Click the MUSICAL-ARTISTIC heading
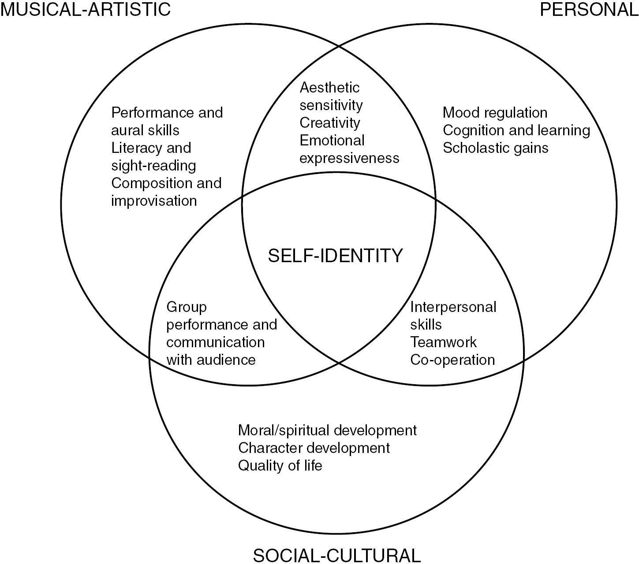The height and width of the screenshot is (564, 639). [86, 9]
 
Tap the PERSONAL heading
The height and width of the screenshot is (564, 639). [589, 9]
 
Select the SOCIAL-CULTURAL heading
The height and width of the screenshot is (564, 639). [336, 555]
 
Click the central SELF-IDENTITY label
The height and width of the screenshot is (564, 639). [336, 256]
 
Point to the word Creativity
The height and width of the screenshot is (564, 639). [330, 123]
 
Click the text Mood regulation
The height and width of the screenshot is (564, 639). [495, 113]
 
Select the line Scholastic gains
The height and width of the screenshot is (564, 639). [495, 148]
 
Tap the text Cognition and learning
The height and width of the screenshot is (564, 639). [516, 130]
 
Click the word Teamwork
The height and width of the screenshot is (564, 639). [444, 342]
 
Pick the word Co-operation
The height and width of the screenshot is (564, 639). [452, 360]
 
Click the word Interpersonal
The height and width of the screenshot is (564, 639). [453, 307]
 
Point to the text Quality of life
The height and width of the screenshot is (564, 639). [280, 465]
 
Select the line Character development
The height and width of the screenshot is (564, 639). [314, 448]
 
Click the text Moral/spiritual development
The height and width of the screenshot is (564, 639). [327, 430]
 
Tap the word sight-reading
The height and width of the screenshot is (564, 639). [153, 166]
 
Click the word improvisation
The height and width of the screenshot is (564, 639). [154, 201]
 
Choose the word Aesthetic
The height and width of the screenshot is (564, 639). [329, 88]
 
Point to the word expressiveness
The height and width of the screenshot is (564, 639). [349, 158]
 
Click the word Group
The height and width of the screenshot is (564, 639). [187, 307]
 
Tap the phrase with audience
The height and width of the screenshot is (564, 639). [211, 360]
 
